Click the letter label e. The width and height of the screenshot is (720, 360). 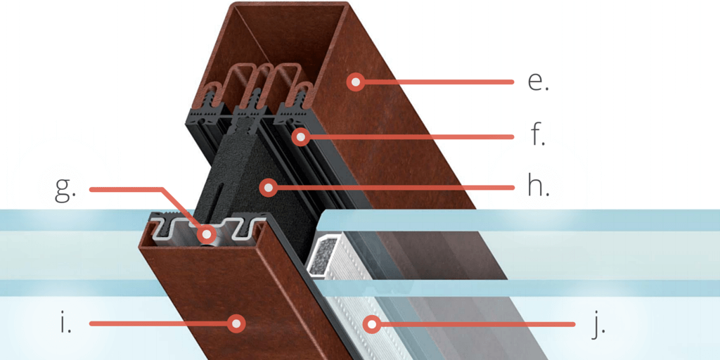538,82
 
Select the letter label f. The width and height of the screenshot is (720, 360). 538,135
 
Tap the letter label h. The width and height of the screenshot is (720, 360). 538,188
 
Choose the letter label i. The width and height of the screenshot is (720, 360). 65,323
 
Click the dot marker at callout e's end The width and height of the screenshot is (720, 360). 356,82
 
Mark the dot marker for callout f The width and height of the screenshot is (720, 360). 301,136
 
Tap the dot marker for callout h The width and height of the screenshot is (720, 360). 266,187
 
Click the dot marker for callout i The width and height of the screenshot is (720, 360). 237,323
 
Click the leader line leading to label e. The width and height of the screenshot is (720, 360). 436,82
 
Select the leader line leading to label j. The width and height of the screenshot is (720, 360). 478,324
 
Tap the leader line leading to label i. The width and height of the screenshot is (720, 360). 162,323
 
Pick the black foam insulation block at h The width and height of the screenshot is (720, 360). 239,169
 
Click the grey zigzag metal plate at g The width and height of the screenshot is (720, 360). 176,229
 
